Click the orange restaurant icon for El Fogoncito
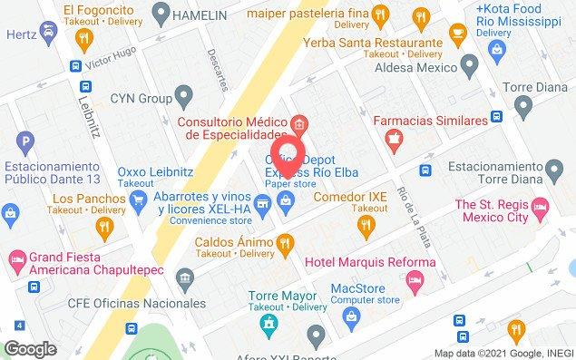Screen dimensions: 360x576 click(84, 38)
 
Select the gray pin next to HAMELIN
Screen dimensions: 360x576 click(161, 14)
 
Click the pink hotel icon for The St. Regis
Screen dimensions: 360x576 click(541, 209)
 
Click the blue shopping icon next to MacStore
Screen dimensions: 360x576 click(352, 316)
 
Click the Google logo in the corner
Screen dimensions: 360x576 click(30, 347)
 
